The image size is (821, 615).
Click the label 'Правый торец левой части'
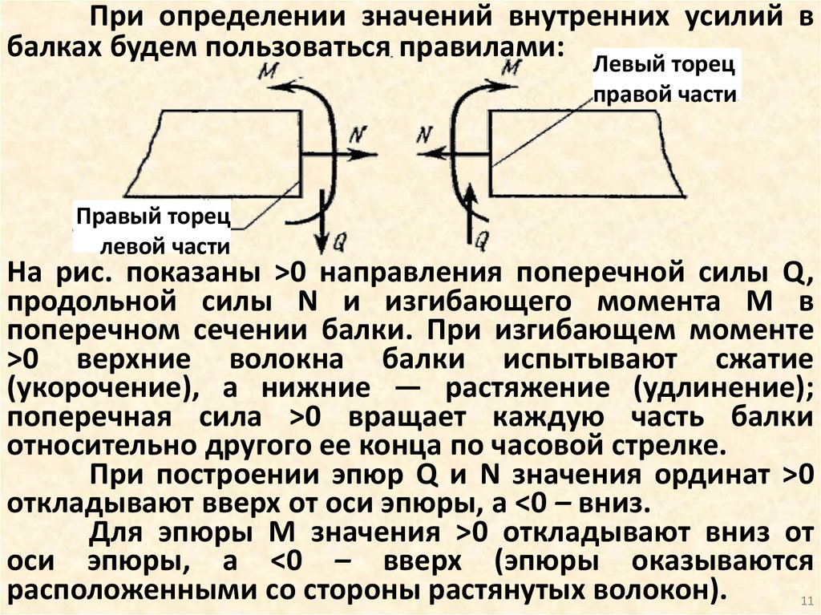[x=153, y=229]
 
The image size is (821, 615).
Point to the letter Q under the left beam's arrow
[x=340, y=238]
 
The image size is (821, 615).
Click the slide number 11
[x=807, y=602]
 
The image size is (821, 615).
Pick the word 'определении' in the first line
[x=244, y=18]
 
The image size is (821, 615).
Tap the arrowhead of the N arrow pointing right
[x=370, y=153]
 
